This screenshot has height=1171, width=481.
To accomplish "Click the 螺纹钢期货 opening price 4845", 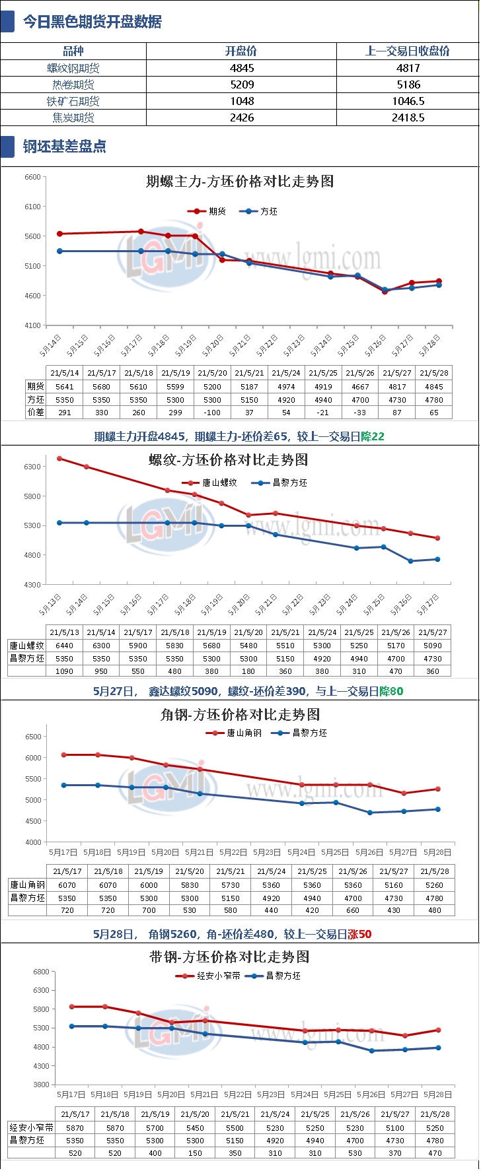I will click(242, 68).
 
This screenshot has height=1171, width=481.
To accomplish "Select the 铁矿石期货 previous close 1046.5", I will click(408, 101).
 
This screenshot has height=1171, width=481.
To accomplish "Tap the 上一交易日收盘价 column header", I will click(408, 51).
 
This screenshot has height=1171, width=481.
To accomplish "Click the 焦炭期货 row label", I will click(73, 117).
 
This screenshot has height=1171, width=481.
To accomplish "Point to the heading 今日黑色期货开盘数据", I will click(92, 22).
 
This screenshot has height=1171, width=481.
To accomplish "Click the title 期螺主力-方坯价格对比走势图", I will click(240, 182).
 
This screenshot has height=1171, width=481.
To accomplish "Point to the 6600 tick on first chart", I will click(32, 177).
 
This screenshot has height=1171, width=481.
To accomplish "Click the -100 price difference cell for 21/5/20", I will click(212, 413).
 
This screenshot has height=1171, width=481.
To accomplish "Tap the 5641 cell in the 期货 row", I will click(65, 387).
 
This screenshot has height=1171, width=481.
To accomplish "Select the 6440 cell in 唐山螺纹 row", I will click(65, 646).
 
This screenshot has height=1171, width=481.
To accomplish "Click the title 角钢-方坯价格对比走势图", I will click(240, 714).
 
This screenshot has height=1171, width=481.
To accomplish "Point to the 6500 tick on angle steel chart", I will click(33, 737).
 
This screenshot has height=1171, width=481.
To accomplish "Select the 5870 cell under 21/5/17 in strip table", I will click(75, 1128).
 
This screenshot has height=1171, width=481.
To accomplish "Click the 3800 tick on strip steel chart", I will click(41, 1085).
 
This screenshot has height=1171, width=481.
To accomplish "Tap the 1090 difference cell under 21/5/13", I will click(65, 671).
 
